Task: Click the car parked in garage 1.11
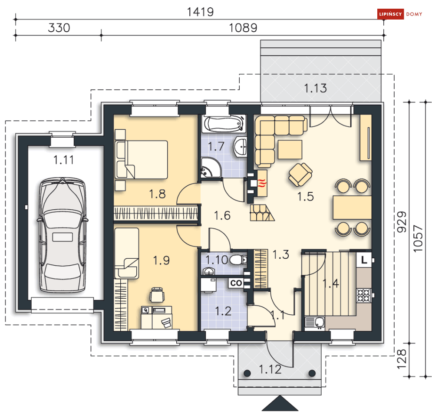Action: point(63,235)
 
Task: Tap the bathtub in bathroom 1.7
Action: point(224,124)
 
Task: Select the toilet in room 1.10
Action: point(238,260)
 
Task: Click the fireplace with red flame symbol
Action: point(262,183)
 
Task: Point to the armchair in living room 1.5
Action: point(300,175)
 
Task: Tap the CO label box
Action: point(236,283)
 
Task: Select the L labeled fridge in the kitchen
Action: point(364,260)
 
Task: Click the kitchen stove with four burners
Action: point(364,295)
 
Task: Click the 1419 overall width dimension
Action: point(200,12)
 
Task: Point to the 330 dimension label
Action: point(59,28)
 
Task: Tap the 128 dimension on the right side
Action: point(402,359)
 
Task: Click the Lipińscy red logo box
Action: point(390,14)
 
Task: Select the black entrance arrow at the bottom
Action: point(280,403)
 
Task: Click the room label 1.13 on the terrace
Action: point(316,88)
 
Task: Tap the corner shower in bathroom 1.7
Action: point(211,168)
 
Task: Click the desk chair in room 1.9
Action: point(157,295)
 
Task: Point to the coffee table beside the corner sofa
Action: point(290,149)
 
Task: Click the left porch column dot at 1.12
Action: point(247,373)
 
